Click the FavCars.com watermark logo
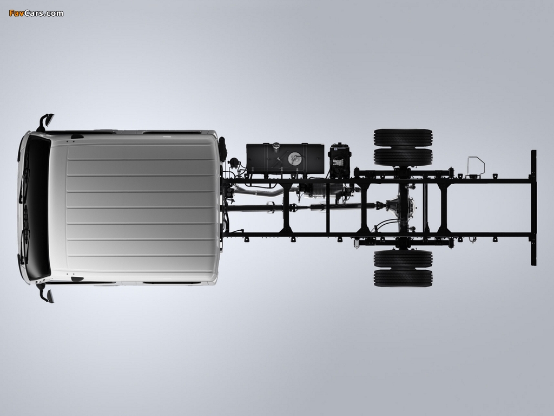[x=36, y=14]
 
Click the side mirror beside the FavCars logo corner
[x=46, y=121]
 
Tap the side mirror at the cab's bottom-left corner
[x=46, y=294]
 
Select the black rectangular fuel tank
[x=285, y=159]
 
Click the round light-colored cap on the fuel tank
[x=293, y=159]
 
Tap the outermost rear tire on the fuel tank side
[x=403, y=138]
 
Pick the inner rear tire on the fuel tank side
[x=403, y=157]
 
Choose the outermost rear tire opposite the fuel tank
[x=403, y=278]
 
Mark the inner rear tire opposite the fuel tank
[x=403, y=259]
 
